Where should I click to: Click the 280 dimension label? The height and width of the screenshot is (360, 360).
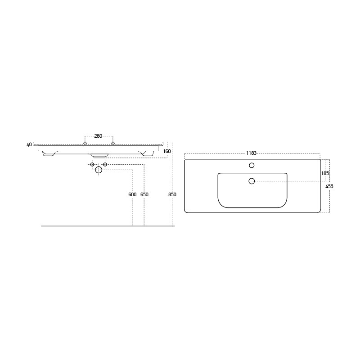tap(98, 136)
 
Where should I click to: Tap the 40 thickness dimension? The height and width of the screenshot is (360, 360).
tap(29, 145)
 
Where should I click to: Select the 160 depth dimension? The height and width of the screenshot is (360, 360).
tap(167, 151)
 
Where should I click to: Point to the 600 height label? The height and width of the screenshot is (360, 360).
tap(132, 194)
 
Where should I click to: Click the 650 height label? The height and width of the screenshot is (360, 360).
tap(144, 194)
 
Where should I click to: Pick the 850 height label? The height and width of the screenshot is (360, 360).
tap(172, 194)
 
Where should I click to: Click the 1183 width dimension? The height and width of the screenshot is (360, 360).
tap(251, 153)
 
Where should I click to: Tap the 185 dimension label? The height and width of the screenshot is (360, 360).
tap(325, 174)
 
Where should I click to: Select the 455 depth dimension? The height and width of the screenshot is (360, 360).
tap(329, 186)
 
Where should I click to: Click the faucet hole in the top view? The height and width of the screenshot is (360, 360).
tap(252, 165)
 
